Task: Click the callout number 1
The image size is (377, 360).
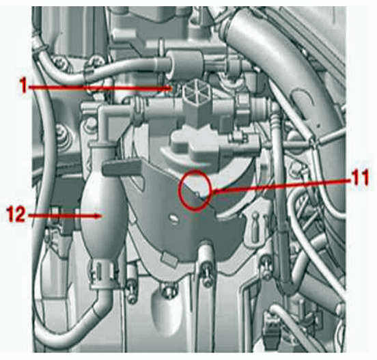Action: (23, 85)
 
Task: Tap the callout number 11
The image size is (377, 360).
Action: (359, 178)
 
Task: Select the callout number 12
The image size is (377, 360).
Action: (16, 214)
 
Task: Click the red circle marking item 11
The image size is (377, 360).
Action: (195, 190)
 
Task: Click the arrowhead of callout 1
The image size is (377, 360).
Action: (168, 89)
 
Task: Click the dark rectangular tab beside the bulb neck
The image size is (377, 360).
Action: (122, 167)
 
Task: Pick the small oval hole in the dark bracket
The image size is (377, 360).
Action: (173, 218)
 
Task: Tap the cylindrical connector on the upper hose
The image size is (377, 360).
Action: (185, 62)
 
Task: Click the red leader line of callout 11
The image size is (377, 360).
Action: (280, 185)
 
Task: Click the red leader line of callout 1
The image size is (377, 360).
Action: (96, 87)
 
